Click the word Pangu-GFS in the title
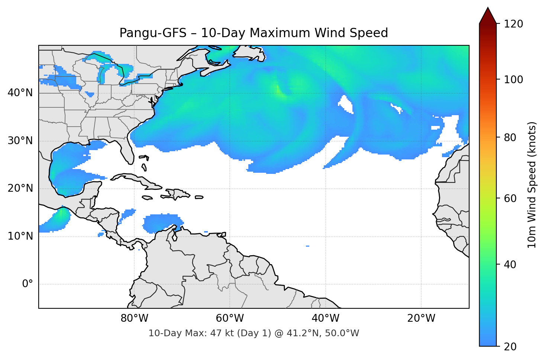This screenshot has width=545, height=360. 153,33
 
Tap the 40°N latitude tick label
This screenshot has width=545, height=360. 20,93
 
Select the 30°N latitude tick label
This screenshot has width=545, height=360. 20,141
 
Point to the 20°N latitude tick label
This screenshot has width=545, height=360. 20,188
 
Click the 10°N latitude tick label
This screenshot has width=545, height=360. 20,236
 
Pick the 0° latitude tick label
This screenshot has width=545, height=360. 28,284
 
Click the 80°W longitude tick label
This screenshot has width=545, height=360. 134,318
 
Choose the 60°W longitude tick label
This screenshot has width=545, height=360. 230,318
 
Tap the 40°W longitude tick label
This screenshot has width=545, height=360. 325,318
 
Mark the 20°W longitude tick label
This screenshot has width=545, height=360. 421,318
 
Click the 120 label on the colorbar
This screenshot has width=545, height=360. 513,24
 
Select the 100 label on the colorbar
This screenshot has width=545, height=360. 513,80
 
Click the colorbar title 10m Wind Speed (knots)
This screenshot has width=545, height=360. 532,185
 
